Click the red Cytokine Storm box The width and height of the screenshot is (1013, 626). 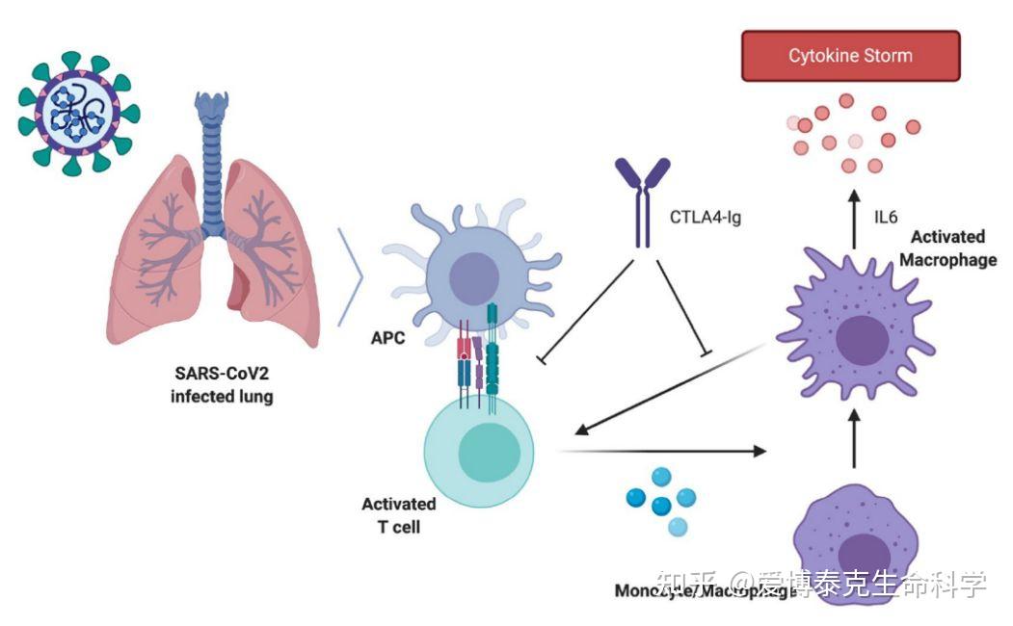pyautogui.click(x=850, y=56)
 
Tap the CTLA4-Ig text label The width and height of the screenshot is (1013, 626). pyautogui.click(x=706, y=216)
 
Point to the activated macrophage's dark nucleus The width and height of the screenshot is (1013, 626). pyautogui.click(x=861, y=340)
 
